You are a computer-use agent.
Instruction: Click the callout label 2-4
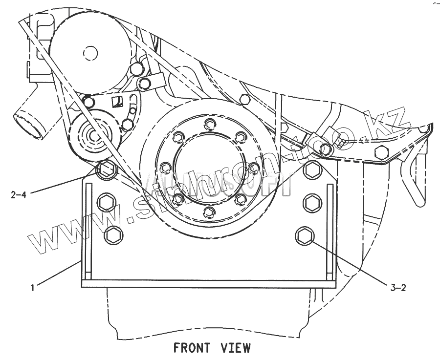click(18, 194)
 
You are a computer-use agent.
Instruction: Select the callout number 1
click(32, 288)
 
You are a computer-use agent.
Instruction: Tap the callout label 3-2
click(398, 288)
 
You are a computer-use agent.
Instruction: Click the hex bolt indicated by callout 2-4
click(106, 170)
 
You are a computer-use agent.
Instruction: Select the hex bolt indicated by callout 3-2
click(305, 236)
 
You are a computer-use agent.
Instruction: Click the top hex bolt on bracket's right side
click(311, 169)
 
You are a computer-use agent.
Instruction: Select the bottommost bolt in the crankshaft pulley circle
click(209, 212)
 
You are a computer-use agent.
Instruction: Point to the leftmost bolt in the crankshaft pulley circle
click(165, 168)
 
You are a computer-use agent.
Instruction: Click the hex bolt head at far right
click(381, 152)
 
